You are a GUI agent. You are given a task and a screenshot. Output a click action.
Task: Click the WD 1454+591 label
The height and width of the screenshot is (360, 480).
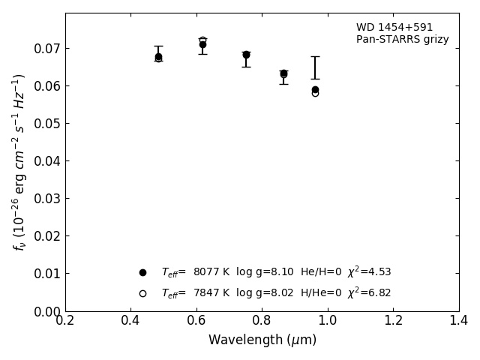pyautogui.click(x=394, y=28)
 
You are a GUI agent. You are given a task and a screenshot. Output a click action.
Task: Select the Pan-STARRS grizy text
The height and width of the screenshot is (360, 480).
pyautogui.click(x=402, y=40)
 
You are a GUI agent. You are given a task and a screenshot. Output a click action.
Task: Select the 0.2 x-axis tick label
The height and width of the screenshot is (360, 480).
pyautogui.click(x=65, y=321)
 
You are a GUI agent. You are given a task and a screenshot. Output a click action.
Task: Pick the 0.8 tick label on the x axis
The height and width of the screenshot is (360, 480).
pyautogui.click(x=262, y=321)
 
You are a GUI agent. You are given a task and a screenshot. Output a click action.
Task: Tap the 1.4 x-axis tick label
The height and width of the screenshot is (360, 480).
pyautogui.click(x=458, y=321)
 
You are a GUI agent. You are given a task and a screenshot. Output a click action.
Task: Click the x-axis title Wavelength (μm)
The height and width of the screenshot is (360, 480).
pyautogui.click(x=262, y=340)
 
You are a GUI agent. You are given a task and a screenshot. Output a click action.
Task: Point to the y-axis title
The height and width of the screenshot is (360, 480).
pyautogui.click(x=19, y=161)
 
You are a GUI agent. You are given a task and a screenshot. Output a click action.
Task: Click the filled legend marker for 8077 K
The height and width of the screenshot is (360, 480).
pyautogui.click(x=142, y=272)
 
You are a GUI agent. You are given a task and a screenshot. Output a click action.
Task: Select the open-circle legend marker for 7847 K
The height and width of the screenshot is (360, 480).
pyautogui.click(x=142, y=293)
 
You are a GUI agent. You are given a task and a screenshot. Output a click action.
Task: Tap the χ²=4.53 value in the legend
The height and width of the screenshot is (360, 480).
pyautogui.click(x=368, y=271)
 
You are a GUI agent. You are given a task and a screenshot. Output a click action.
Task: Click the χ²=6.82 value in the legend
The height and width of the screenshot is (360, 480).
pyautogui.click(x=368, y=292)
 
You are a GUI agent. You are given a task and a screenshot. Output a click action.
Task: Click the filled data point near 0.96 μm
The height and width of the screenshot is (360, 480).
pyautogui.click(x=315, y=89)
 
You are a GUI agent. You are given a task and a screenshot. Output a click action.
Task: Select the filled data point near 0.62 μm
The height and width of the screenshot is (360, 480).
pyautogui.click(x=202, y=45)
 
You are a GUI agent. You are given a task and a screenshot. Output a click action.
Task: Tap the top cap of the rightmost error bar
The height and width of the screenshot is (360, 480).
pyautogui.click(x=315, y=56)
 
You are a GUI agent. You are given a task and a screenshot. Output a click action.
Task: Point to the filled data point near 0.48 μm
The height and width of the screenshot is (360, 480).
pyautogui.click(x=158, y=56)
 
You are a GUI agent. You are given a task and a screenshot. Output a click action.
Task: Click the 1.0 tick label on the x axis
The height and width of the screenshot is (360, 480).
pyautogui.click(x=327, y=321)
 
